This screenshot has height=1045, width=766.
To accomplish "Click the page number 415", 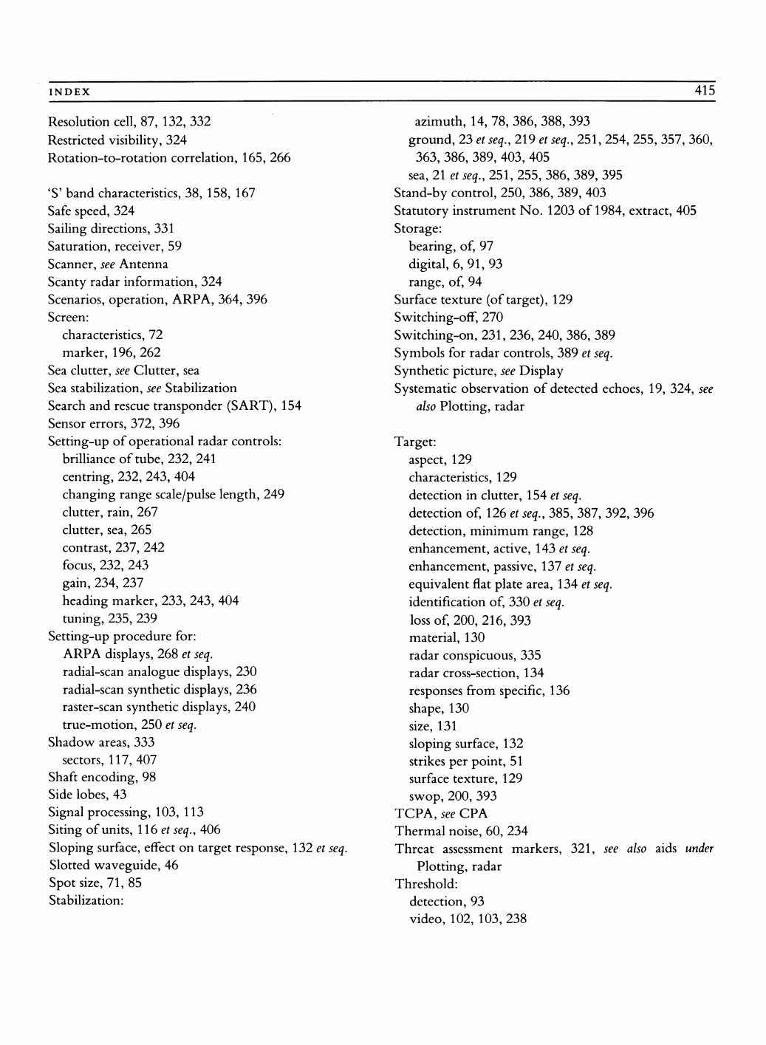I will pos(705,91).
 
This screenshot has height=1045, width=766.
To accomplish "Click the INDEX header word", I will pos(69,92).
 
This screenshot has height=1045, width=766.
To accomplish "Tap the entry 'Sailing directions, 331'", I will pos(111,228).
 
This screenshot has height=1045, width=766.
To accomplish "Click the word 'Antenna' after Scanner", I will pos(143,264).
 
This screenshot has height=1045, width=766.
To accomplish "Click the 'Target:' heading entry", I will pos(414,442).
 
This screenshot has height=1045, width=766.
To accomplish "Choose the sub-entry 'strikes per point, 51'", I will pos(465,761).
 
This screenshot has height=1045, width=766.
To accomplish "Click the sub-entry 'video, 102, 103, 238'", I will pos(468,919).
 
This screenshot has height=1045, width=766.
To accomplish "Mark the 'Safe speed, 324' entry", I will pos(91,210).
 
